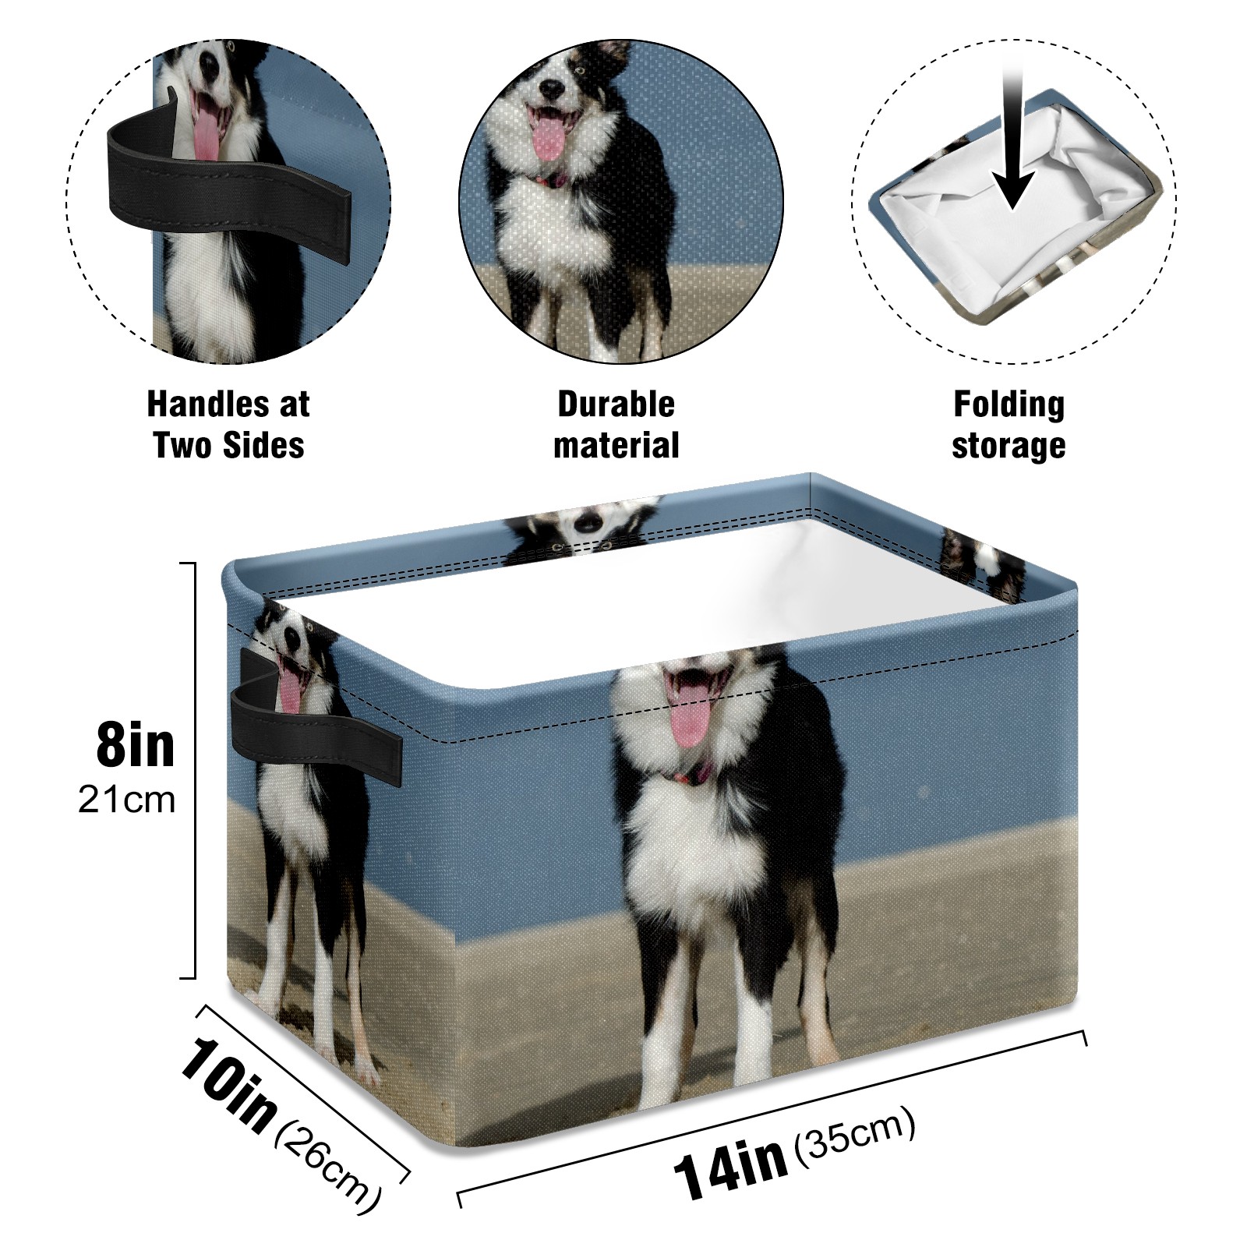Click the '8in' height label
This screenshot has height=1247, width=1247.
click(x=136, y=745)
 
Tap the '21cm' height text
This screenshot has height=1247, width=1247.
click(x=126, y=800)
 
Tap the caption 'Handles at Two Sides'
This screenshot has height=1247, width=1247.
click(x=228, y=425)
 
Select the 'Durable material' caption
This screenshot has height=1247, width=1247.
click(x=616, y=425)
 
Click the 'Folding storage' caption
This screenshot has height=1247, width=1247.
click(x=1009, y=425)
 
